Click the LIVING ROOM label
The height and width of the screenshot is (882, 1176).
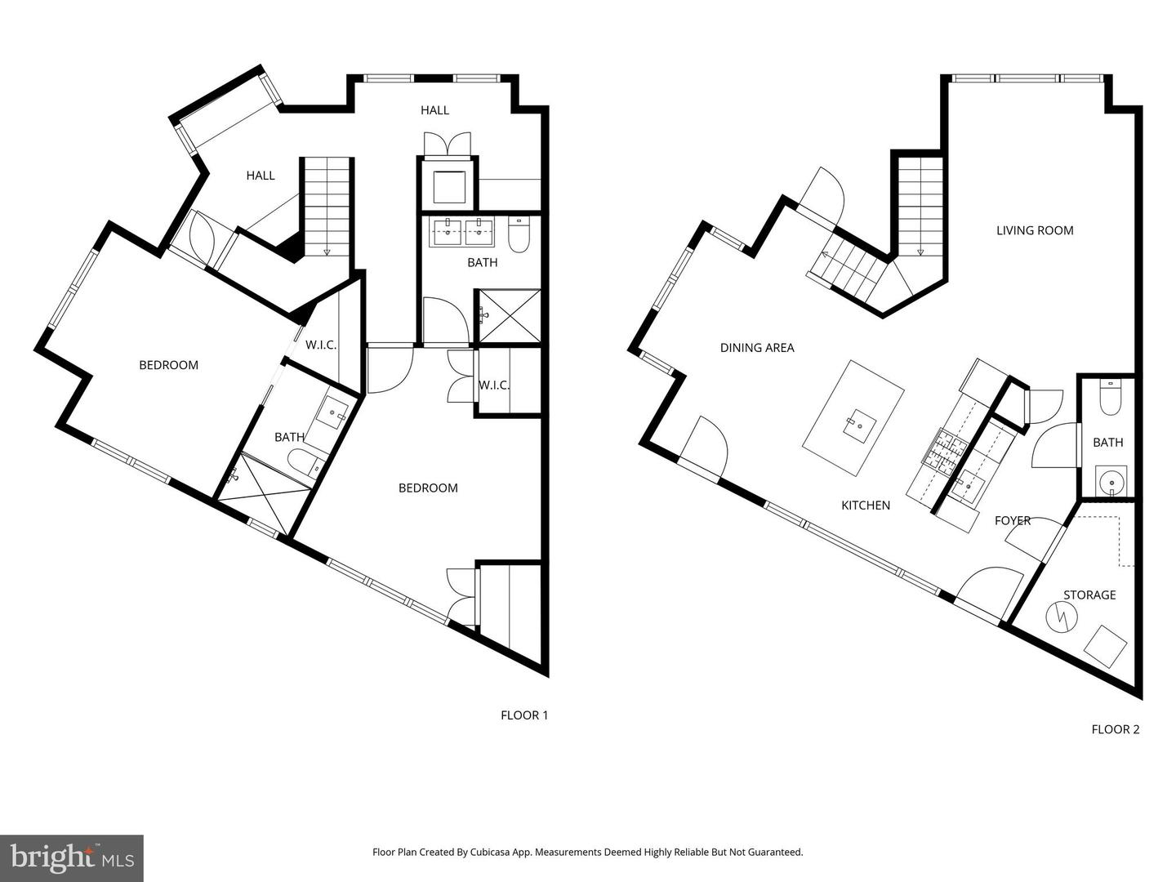pyautogui.click(x=1034, y=230)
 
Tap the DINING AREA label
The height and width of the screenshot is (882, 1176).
pyautogui.click(x=756, y=348)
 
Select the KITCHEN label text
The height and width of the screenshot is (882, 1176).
pyautogui.click(x=865, y=506)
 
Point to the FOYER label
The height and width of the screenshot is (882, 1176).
pyautogui.click(x=1012, y=520)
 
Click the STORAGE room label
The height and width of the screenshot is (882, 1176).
pyautogui.click(x=1089, y=595)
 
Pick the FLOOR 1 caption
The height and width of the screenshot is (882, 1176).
pyautogui.click(x=524, y=715)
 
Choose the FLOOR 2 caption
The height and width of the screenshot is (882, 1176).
pyautogui.click(x=1115, y=729)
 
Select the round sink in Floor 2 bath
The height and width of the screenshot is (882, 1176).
pyautogui.click(x=1111, y=482)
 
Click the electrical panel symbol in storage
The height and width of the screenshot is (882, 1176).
pyautogui.click(x=1063, y=617)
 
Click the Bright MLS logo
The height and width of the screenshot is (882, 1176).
pyautogui.click(x=72, y=857)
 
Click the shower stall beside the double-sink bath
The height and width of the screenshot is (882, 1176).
pyautogui.click(x=509, y=315)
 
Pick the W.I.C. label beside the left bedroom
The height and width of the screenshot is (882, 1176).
pyautogui.click(x=321, y=345)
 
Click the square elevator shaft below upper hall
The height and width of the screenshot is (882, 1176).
pyautogui.click(x=448, y=187)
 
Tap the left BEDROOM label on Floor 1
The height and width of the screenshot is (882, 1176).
pyautogui.click(x=168, y=365)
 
